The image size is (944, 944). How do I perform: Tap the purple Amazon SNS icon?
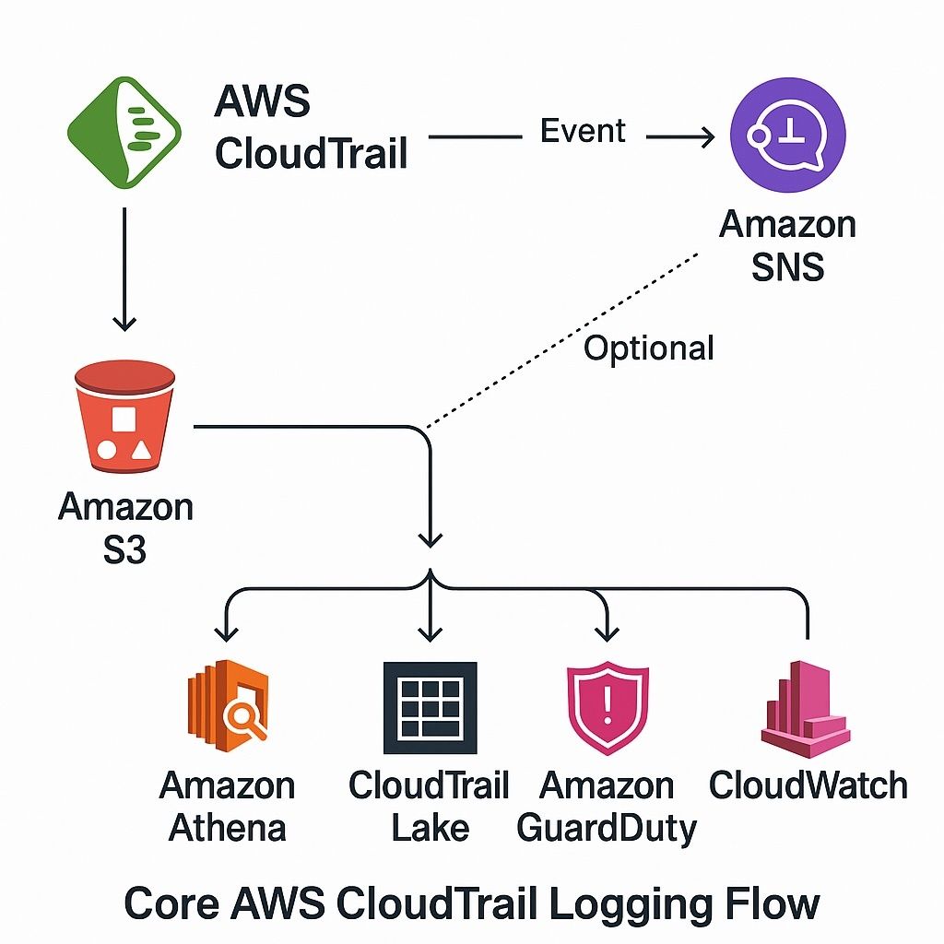[x=787, y=135]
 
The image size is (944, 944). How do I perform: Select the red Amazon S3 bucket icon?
[x=124, y=416]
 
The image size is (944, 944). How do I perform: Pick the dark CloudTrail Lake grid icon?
[x=430, y=708]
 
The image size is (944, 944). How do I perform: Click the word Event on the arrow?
[x=583, y=131]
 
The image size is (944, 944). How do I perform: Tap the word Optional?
[x=649, y=348]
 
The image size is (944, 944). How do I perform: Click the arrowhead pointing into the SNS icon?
[x=704, y=137]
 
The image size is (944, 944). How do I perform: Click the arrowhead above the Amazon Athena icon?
[x=227, y=631]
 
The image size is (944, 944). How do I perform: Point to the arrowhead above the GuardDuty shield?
[x=606, y=631]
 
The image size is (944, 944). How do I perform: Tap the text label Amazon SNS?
[x=787, y=245]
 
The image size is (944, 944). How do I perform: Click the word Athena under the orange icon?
[x=227, y=827]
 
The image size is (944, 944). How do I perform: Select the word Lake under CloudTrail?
[x=430, y=827]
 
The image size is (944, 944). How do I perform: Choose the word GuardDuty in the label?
[x=606, y=827]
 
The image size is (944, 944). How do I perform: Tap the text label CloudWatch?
[x=808, y=785]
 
